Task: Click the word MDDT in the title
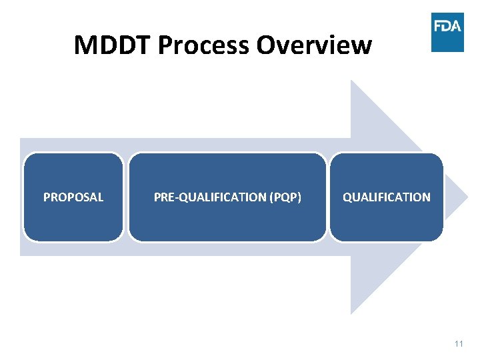tap(113, 45)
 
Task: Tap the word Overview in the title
tap(314, 45)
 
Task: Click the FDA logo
tap(447, 32)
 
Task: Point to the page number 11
tap(458, 343)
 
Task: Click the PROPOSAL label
tap(73, 197)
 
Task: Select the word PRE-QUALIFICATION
tap(209, 197)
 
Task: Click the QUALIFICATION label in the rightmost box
tap(387, 197)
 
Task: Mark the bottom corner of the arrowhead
tap(352, 313)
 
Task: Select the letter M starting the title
tap(85, 45)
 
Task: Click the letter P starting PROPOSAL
tap(47, 197)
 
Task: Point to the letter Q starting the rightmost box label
tap(347, 197)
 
